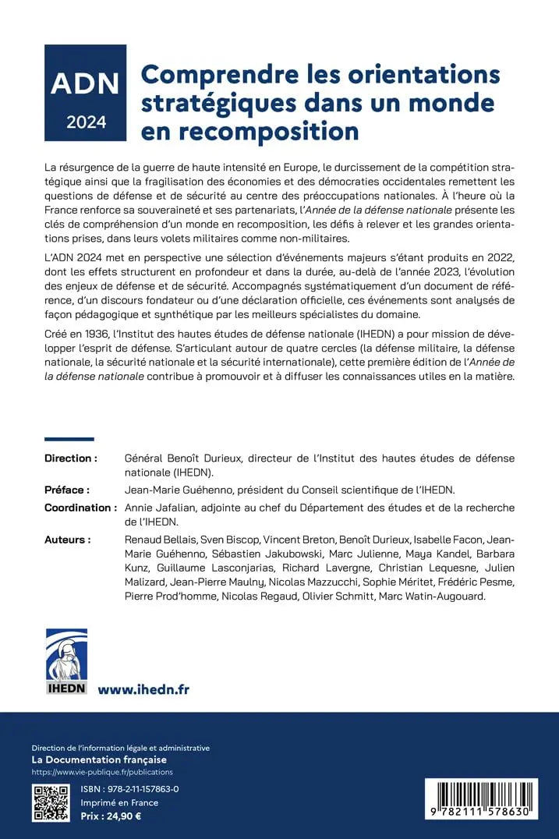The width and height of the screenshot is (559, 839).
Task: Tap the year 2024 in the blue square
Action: pyautogui.click(x=85, y=122)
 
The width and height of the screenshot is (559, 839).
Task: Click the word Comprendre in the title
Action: pyautogui.click(x=214, y=75)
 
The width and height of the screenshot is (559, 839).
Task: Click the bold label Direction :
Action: pyautogui.click(x=71, y=458)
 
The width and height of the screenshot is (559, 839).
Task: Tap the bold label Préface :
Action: pyautogui.click(x=67, y=490)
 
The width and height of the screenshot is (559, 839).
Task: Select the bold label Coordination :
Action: pyautogui.click(x=80, y=508)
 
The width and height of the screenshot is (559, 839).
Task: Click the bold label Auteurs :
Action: pyautogui.click(x=67, y=540)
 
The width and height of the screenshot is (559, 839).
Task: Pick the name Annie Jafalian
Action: pyautogui.click(x=160, y=508)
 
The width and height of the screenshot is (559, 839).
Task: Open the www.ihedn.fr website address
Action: pyautogui.click(x=143, y=689)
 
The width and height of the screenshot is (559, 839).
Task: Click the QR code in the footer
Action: pyautogui.click(x=50, y=803)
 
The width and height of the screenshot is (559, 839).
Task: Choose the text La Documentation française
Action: pyautogui.click(x=99, y=759)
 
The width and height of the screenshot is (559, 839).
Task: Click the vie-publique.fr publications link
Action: pyautogui.click(x=102, y=772)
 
